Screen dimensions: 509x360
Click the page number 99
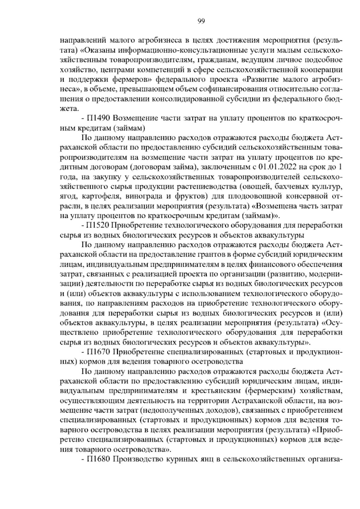click(x=201, y=21)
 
